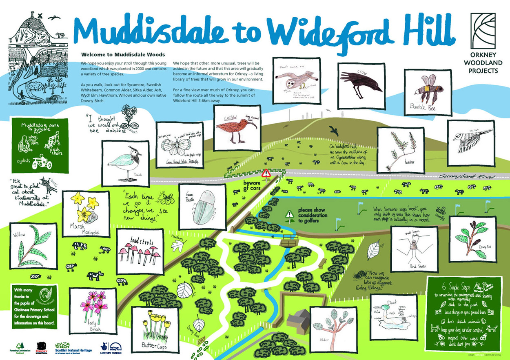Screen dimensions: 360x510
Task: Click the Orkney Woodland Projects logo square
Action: tap(483, 37)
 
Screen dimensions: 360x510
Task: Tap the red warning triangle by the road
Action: tap(267, 173)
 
